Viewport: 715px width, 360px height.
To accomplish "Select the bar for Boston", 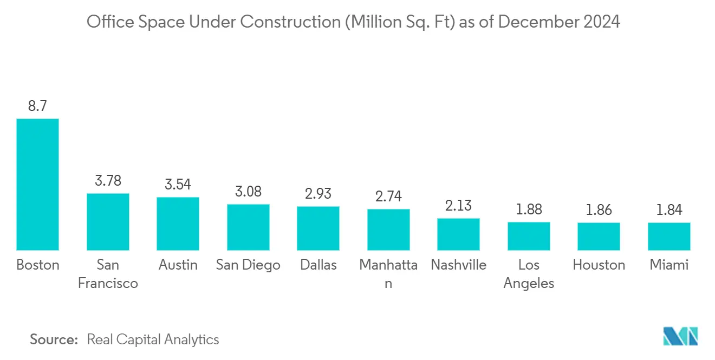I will tap(37, 184).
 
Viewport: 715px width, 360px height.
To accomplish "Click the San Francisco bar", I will tap(108, 221).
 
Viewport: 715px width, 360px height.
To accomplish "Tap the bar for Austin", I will tap(178, 224).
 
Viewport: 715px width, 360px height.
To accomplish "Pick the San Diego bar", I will tap(248, 227).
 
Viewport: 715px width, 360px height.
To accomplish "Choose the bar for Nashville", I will tap(458, 234).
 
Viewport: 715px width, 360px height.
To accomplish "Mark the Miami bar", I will tap(669, 236).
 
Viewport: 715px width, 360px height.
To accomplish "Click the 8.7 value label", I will tap(37, 106).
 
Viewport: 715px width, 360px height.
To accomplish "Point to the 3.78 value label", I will tap(108, 181).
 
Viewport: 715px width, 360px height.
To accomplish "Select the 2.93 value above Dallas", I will tap(318, 194).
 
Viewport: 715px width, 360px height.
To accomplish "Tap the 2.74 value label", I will tap(388, 197).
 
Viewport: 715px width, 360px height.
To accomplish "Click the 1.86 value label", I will tap(599, 210).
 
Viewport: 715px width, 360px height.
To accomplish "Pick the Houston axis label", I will tap(599, 265).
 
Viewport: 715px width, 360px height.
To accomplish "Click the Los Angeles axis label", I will tap(529, 274).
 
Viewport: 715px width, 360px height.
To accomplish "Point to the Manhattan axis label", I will tap(388, 274).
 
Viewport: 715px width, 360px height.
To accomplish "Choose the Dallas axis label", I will tap(318, 265).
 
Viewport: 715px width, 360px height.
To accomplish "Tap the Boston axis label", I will tap(37, 265).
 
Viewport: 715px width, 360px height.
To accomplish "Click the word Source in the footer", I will tap(54, 339).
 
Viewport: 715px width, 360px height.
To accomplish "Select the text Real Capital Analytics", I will tap(153, 339).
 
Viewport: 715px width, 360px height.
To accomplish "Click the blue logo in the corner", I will tap(681, 336).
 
